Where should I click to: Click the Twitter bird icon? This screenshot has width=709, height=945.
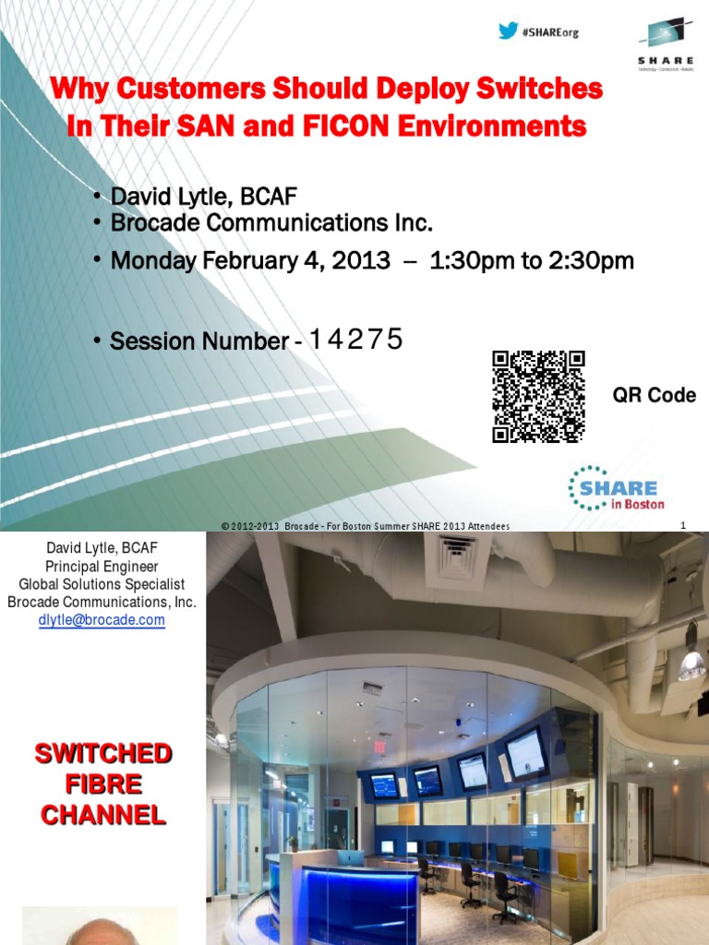[508, 30]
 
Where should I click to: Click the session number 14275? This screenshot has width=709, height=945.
[356, 340]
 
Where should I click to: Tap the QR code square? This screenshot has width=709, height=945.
[538, 397]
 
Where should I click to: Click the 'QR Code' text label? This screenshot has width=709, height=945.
[655, 396]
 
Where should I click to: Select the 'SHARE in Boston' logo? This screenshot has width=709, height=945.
[613, 488]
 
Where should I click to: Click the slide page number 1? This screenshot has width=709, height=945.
[683, 525]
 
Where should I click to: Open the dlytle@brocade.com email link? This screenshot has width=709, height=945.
[102, 620]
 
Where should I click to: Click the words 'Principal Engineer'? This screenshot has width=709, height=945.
[102, 567]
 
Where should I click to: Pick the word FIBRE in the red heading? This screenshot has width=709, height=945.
[102, 784]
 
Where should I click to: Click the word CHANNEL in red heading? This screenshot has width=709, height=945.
[102, 815]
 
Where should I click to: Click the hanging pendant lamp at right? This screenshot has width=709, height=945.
[691, 659]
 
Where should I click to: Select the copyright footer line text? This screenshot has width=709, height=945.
[366, 525]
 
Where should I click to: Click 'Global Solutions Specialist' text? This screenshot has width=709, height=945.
[102, 584]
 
